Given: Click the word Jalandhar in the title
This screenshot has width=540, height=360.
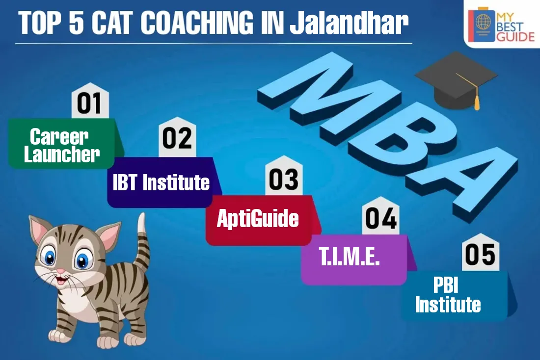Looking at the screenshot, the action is point(349,23).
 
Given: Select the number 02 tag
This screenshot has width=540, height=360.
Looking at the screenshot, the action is point(177,137).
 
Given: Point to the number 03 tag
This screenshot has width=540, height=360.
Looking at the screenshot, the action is point(284,176).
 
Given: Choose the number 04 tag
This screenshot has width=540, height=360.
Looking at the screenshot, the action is point(380,216).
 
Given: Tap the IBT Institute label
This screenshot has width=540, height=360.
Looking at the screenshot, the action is point(162,182).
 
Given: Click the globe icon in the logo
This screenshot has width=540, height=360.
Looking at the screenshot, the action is point(483,22).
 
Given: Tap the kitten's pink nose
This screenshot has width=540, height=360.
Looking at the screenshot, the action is point(60,271).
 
